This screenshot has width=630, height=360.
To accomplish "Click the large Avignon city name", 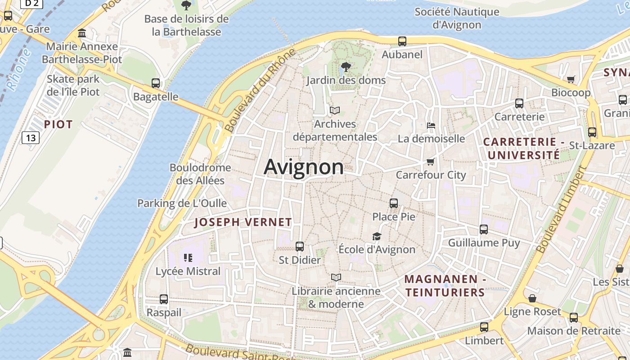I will (x=304, y=167).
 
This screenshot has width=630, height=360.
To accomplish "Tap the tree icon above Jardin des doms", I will (x=346, y=67).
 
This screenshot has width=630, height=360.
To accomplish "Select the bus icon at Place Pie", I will (x=394, y=203).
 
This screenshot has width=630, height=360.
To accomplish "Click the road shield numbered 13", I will (x=31, y=137).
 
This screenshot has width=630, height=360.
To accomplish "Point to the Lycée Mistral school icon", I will (x=188, y=258).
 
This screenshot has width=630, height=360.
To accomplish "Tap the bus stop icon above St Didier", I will (x=300, y=247).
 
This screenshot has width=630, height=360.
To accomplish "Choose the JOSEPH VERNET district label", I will (x=243, y=222).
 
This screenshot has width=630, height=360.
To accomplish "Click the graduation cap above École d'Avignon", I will (x=377, y=236).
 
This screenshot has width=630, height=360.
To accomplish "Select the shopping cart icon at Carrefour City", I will (x=431, y=162).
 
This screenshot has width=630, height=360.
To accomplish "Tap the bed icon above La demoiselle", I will (x=431, y=125).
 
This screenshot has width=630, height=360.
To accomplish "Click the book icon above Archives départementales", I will (x=334, y=110).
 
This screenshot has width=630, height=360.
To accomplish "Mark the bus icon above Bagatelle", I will (x=156, y=83).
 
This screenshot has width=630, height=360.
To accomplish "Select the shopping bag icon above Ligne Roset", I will (x=532, y=298).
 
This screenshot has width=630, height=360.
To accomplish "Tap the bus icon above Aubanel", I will (x=402, y=41).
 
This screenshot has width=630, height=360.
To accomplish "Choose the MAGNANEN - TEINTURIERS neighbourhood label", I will (x=445, y=286).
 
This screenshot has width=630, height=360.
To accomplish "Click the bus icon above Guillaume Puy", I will (x=484, y=229).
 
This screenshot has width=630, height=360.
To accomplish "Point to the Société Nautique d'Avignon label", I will (x=457, y=18).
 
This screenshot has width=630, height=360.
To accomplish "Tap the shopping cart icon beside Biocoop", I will (x=571, y=80).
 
